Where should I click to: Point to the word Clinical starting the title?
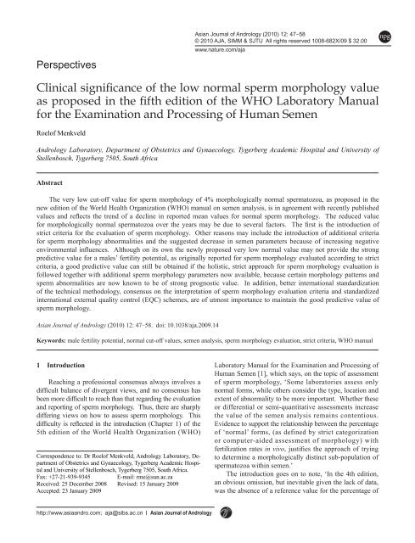[56, 87]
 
